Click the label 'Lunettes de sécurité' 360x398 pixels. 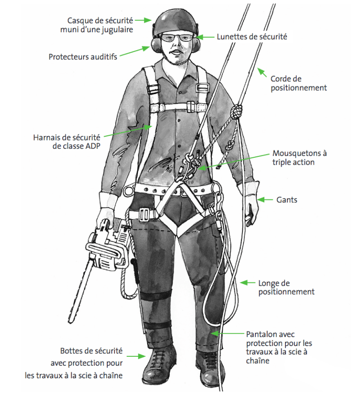252,37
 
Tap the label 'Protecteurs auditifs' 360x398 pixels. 83,57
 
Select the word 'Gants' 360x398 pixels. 286,200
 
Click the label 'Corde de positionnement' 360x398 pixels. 299,83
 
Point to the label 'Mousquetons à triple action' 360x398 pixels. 300,158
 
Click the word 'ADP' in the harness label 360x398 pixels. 92,146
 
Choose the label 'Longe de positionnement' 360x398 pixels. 286,287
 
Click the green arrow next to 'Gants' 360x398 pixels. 264,200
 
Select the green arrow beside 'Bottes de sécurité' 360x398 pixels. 136,356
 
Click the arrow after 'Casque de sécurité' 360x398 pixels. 143,20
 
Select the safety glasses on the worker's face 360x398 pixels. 177,38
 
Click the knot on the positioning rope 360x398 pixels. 236,111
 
